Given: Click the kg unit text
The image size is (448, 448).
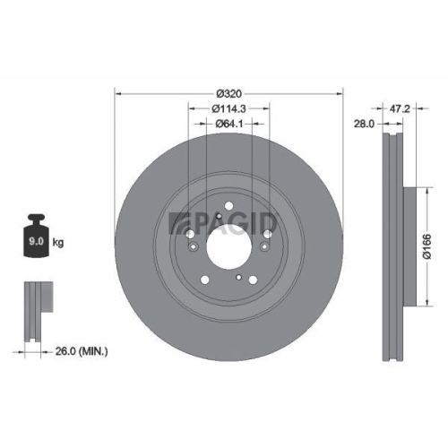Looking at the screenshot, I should (x=58, y=242).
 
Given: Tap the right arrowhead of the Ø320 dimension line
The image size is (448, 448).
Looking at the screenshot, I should (x=340, y=91).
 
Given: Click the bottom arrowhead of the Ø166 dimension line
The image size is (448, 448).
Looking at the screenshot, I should (x=418, y=305).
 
